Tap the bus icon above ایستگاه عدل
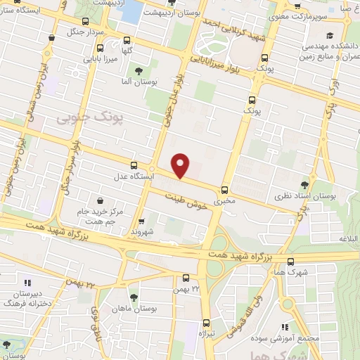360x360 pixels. point(134,165)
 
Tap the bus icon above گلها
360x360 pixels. point(127,40)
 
